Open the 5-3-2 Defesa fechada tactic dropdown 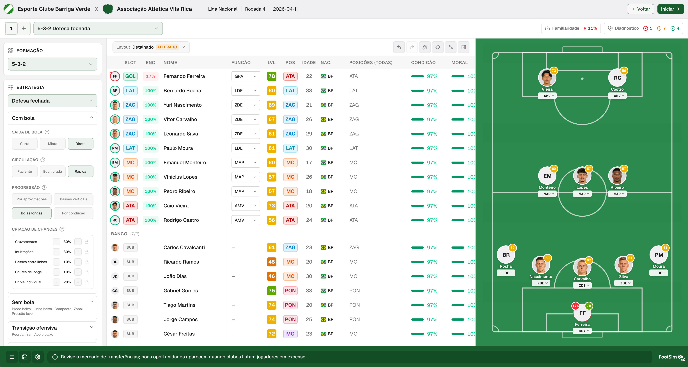click(x=98, y=28)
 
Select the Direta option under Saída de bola click(x=80, y=144)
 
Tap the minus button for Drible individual click(x=56, y=282)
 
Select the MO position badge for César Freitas click(x=290, y=334)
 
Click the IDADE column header click(x=309, y=63)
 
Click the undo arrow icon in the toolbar click(x=399, y=47)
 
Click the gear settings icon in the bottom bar click(x=38, y=357)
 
